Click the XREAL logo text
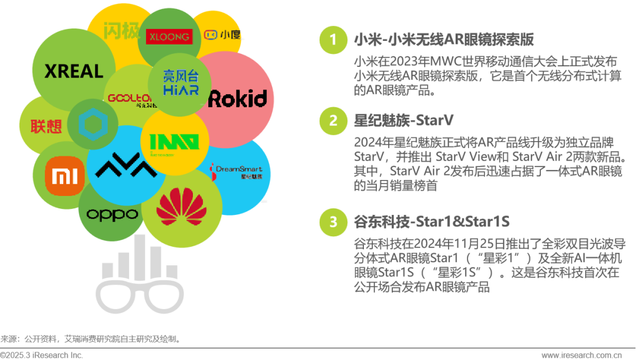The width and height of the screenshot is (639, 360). click(x=74, y=72)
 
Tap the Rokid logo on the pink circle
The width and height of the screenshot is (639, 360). click(x=237, y=98)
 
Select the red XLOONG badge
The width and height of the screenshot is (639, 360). click(x=169, y=36)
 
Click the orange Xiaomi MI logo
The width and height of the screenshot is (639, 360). click(x=62, y=176)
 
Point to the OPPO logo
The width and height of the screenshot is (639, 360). click(x=112, y=214)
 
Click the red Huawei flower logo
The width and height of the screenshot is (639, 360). click(x=182, y=208)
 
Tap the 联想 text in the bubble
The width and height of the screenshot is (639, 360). click(x=46, y=126)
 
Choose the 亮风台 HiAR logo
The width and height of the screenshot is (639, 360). click(x=181, y=83)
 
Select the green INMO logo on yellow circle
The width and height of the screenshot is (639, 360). click(x=174, y=143)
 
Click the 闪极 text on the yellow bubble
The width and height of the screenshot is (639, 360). click(x=116, y=30)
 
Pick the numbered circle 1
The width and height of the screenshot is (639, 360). click(x=334, y=40)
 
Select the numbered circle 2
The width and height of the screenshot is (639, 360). click(x=334, y=121)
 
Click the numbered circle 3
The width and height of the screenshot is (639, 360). click(x=334, y=222)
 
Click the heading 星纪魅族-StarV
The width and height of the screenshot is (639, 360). click(x=404, y=121)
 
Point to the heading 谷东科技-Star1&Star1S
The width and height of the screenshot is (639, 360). click(x=431, y=222)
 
